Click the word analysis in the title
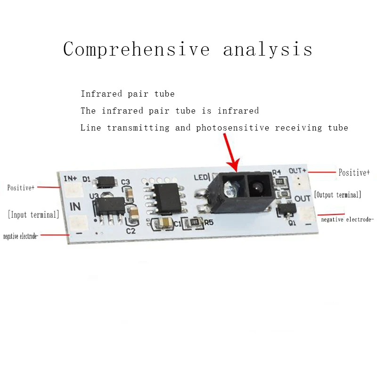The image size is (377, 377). [x=268, y=49]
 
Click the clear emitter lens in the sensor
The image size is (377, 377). [x=229, y=186]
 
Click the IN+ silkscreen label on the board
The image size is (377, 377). [x=70, y=178]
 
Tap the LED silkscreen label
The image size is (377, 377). [x=201, y=178]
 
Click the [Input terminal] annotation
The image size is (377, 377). [x=33, y=215]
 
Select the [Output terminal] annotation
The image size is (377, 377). [x=337, y=194]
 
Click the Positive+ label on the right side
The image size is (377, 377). [x=354, y=172]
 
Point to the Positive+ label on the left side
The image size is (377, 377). [x=21, y=188]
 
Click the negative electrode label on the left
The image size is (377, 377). [x=21, y=236]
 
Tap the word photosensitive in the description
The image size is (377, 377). [x=234, y=128]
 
